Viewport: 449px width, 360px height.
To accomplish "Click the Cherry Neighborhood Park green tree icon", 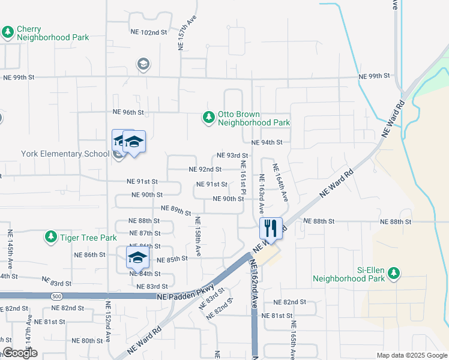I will (8, 32).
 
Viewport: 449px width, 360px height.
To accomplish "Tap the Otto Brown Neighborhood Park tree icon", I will (208, 118).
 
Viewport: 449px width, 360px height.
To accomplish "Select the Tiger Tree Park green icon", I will (51, 238).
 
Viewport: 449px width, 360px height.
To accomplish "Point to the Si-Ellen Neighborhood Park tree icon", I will (394, 274).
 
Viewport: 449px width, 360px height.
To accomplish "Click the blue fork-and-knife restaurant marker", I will (271, 229).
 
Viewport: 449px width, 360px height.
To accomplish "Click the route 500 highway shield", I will (56, 296).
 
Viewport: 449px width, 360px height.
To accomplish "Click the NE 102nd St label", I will (148, 32).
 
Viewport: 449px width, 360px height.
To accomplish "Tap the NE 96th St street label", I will (128, 112).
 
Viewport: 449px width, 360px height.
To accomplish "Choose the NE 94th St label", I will (267, 143).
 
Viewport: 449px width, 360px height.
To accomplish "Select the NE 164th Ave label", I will (280, 182).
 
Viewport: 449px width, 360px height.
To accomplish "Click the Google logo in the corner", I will (20, 353).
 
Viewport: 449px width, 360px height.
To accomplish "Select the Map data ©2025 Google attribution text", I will (411, 355).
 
